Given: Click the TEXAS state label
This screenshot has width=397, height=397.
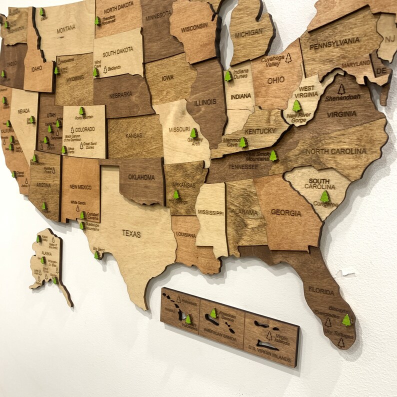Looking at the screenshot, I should click(131, 233).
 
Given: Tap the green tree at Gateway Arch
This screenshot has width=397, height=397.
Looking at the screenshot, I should click(193, 133).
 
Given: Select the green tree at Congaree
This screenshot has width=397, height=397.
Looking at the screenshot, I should click(325, 196).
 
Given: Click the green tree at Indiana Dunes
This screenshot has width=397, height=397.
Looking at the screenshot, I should click(228, 76).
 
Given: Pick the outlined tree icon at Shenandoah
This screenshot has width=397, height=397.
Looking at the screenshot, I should click(341, 89).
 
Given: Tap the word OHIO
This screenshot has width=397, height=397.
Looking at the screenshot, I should click(275, 80).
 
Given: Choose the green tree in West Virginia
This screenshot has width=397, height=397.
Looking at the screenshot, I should click(297, 106).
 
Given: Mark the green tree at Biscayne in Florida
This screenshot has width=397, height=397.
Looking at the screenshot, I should click(346, 320).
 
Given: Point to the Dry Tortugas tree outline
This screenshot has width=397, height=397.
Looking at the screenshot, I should click(340, 343).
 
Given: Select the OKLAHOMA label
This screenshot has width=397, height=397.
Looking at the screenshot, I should click(141, 177).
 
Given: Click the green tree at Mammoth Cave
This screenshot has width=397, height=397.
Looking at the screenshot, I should click(243, 142).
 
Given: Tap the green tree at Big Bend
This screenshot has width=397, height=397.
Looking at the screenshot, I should click(97, 255).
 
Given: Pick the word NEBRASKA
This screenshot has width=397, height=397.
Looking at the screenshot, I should click(121, 94).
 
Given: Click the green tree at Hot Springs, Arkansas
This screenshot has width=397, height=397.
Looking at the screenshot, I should click(176, 194).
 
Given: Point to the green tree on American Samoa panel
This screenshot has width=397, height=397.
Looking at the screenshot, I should click(213, 313).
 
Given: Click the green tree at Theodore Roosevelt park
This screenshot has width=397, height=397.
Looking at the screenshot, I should click(97, 21).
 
